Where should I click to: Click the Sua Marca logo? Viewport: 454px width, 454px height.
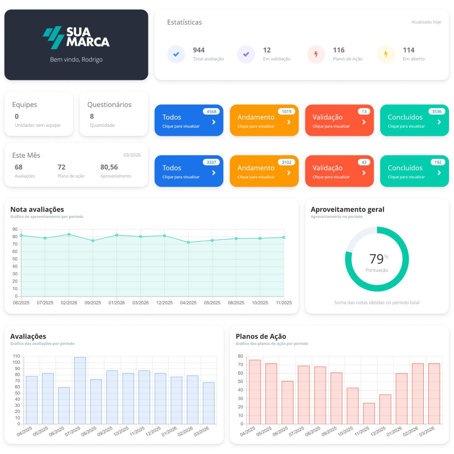click(x=76, y=37)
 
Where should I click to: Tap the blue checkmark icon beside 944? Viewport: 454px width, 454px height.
click(x=176, y=54)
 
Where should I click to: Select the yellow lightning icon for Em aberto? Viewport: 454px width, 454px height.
click(x=386, y=54)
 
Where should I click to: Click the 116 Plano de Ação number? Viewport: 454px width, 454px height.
click(x=339, y=50)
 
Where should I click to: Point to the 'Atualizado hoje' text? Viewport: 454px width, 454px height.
click(x=426, y=22)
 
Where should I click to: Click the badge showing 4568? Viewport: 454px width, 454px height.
click(x=211, y=112)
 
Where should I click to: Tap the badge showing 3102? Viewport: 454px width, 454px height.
click(x=286, y=162)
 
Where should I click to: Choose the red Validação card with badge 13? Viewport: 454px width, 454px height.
click(x=339, y=120)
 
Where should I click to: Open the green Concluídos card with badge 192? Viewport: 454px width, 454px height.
click(x=414, y=171)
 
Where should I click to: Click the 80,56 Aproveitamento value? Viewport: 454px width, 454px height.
click(x=109, y=167)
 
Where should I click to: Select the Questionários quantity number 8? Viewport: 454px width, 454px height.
click(x=92, y=117)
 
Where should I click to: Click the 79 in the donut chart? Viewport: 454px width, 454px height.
click(x=376, y=259)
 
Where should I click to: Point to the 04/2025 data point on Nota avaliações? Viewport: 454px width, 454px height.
click(x=188, y=243)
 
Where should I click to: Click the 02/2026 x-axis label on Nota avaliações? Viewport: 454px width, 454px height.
click(x=69, y=303)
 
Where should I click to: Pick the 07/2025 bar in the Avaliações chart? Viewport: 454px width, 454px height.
click(x=80, y=390)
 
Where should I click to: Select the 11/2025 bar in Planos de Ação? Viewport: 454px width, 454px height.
click(x=369, y=414)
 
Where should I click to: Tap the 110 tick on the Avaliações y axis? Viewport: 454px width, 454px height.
click(x=16, y=356)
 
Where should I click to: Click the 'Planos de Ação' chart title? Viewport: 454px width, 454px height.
click(x=261, y=336)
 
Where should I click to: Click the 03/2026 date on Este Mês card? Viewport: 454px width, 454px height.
click(x=132, y=155)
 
